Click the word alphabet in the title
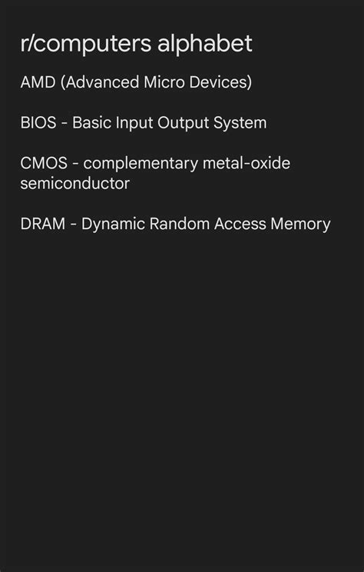205,43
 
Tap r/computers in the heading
86,44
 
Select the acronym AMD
38,82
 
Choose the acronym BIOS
38,122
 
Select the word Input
134,123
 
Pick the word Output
184,123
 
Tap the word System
240,123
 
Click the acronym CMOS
44,163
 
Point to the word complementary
141,164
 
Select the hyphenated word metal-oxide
247,163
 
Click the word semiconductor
75,183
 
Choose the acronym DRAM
43,224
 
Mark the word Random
180,224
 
